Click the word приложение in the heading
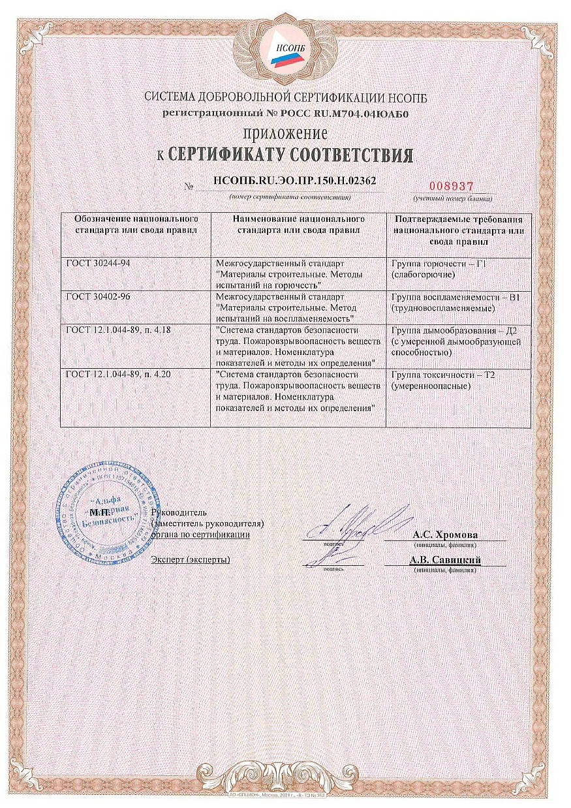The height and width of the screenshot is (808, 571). tap(285, 134)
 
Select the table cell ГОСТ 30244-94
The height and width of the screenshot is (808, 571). tap(95, 263)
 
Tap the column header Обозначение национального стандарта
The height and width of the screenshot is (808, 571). tap(136, 224)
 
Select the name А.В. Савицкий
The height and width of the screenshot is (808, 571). tap(445, 559)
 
